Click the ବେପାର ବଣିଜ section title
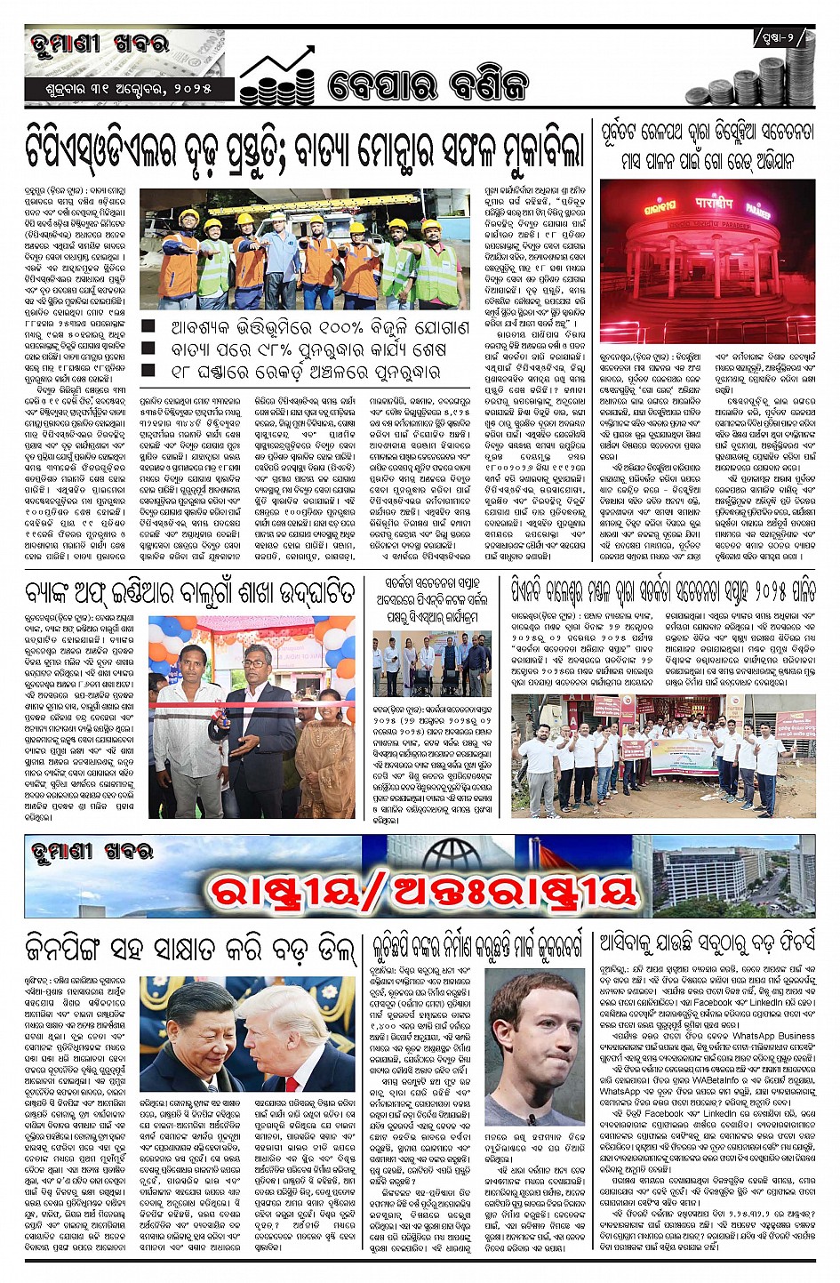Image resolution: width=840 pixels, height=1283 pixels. click(427, 85)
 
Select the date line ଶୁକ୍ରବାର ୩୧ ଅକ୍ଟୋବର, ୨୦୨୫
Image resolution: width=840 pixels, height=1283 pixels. click(130, 90)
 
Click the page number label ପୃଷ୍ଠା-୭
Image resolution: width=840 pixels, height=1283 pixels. click(781, 38)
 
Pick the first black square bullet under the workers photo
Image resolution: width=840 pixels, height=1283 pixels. click(148, 327)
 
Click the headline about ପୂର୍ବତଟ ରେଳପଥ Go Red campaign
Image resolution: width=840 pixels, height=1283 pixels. click(707, 147)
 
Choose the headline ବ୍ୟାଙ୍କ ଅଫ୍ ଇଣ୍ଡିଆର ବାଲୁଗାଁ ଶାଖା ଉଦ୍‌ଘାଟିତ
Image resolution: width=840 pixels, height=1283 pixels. click(190, 593)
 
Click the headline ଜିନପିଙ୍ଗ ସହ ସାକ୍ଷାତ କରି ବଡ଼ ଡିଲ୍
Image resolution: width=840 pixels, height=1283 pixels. click(190, 950)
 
